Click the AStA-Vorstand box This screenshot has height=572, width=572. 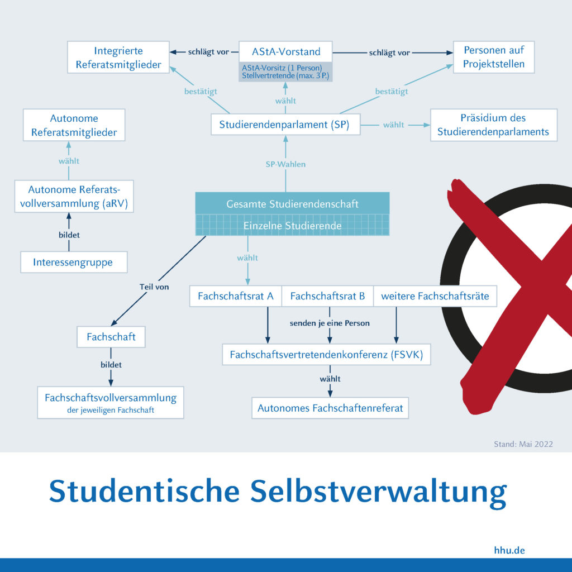point(285,51)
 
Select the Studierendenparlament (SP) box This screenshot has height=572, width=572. point(285,125)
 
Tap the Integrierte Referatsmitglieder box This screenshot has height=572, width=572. point(118,58)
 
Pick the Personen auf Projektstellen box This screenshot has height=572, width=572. point(494,57)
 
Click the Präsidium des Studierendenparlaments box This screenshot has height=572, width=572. point(494,125)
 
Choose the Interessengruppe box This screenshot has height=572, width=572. point(74,262)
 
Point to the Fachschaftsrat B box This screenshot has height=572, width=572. point(327,296)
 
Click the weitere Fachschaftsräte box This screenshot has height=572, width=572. point(435,296)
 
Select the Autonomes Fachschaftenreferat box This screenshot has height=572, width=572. point(330,408)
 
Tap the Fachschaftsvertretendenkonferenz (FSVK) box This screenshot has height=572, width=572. point(326,354)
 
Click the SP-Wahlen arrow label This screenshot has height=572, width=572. point(285,164)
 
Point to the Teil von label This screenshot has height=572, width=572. point(154,287)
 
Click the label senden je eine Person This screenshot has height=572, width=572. point(330,323)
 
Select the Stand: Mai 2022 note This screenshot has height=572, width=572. point(523,444)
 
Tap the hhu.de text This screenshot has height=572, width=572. point(509,550)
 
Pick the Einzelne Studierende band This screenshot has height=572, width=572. point(293,225)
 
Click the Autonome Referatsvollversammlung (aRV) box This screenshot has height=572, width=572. point(74,196)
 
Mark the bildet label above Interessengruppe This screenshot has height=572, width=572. point(69,235)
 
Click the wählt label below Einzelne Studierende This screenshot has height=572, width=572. point(247,258)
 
